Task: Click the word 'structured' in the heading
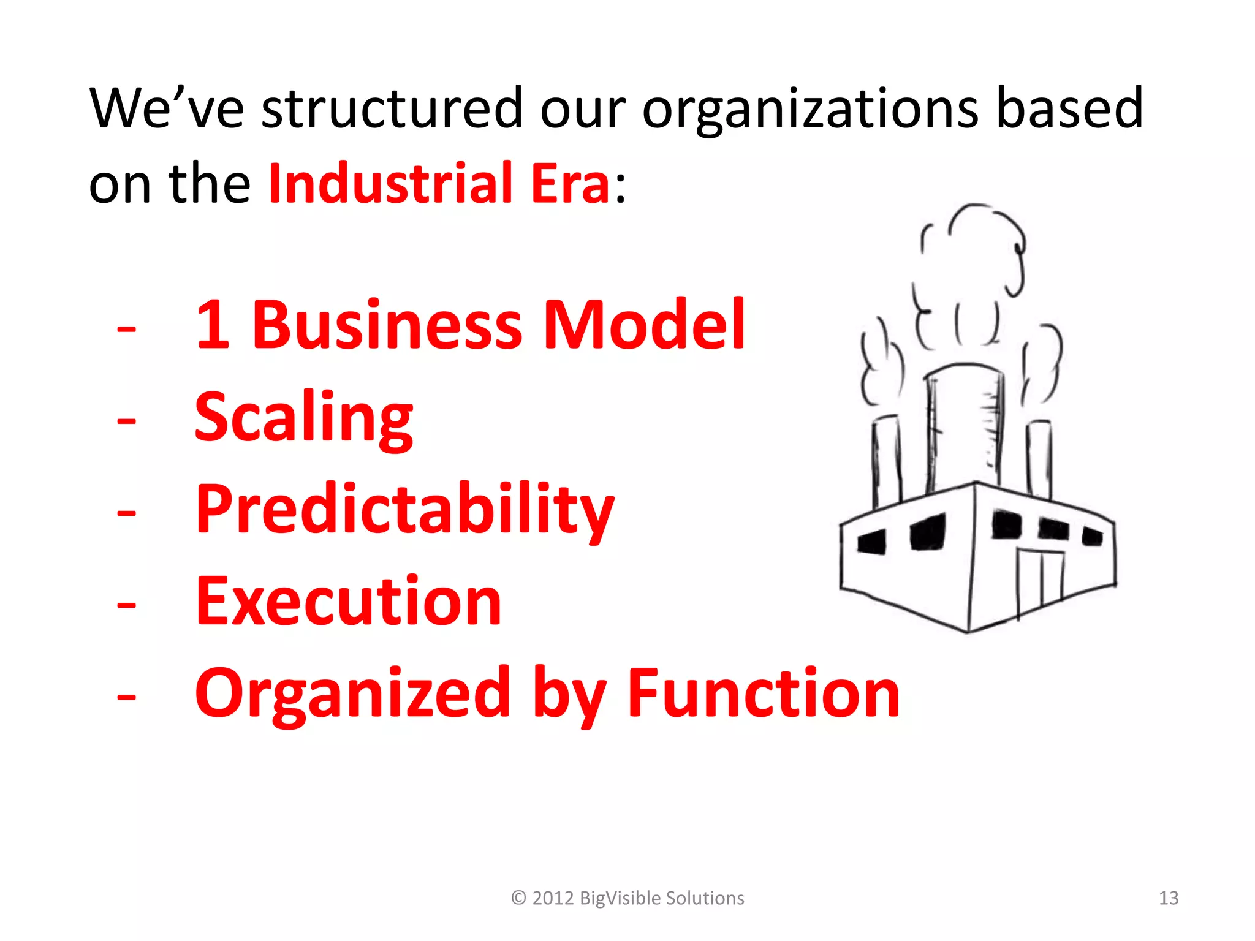392,108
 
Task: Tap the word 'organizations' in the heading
809,108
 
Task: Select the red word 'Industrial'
390,183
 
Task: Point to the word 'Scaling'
304,418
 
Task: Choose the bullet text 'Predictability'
404,510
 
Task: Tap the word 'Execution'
348,602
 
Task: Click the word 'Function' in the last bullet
764,693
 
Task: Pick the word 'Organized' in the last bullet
352,693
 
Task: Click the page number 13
1169,898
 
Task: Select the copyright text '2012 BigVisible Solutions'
637,898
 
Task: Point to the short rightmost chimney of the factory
1040,456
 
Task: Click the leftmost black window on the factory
872,542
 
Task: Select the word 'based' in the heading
1070,108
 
